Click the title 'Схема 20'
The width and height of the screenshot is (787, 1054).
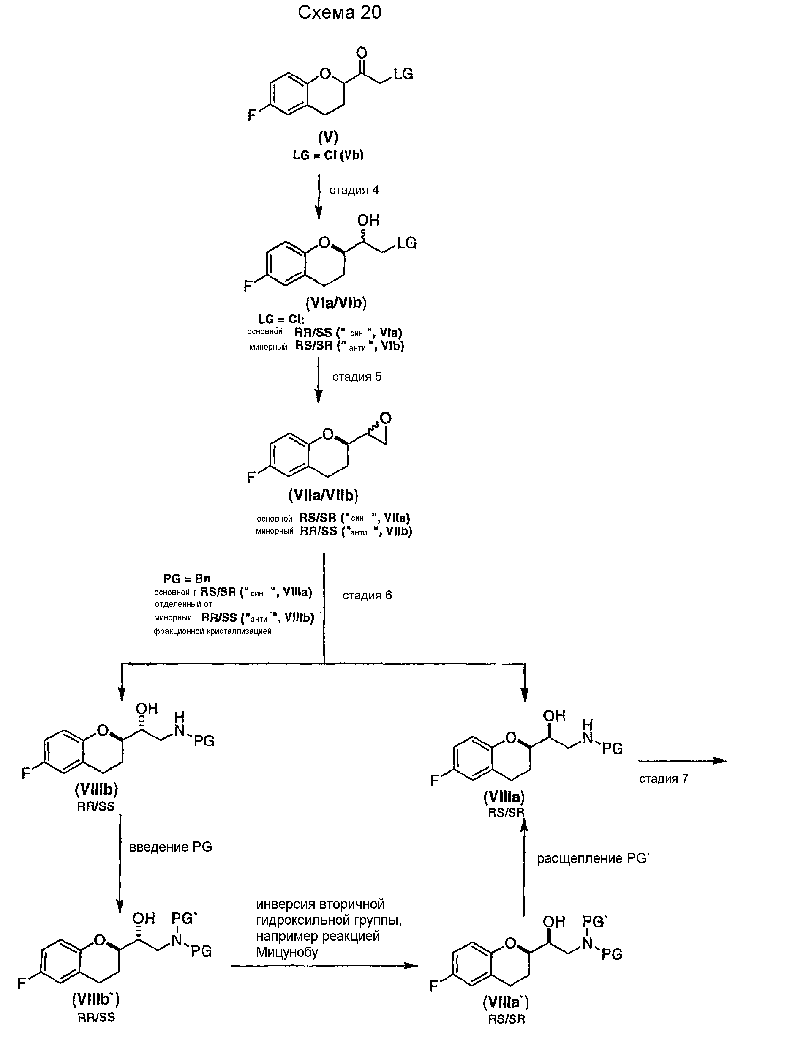pos(339,13)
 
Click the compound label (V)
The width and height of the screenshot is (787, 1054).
pos(328,137)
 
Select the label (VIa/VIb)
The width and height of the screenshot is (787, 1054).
pos(336,303)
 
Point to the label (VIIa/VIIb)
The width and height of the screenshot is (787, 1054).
pos(323,496)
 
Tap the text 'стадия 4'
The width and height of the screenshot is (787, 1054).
pos(354,190)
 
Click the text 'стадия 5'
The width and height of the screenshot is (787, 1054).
pos(357,377)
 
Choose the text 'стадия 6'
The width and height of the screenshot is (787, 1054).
pos(367,595)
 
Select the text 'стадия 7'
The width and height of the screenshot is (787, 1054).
pos(663,778)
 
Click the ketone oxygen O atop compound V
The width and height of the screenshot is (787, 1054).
pos(362,52)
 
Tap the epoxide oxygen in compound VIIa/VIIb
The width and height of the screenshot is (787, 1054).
pos(385,419)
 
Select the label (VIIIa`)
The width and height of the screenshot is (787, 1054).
pos(506,1002)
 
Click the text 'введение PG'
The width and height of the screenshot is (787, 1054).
pos(171,847)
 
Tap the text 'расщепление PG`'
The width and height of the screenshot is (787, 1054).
pos(593,859)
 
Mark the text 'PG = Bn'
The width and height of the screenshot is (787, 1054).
pos(187,579)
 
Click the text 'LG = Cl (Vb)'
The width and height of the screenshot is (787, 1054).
pos(328,156)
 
